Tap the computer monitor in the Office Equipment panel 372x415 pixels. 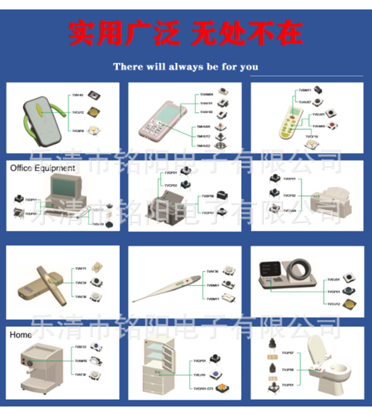(x=63, y=189)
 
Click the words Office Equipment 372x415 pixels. (x=42, y=168)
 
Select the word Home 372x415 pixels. (x=21, y=335)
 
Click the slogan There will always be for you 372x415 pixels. (x=186, y=67)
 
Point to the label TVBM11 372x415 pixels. (x=305, y=90)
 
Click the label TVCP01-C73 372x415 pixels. (x=203, y=389)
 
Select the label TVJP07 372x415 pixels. (x=288, y=352)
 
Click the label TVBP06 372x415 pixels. (x=208, y=196)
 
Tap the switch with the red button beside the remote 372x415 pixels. (x=332, y=125)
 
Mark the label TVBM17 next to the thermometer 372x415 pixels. (x=212, y=299)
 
